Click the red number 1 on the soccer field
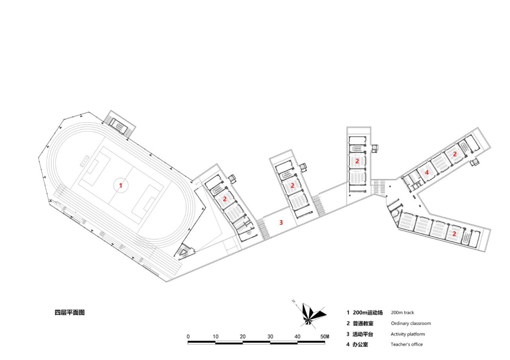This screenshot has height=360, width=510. pyautogui.click(x=121, y=185)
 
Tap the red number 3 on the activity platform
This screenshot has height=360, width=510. pyautogui.click(x=281, y=223)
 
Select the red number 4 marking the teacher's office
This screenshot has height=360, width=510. pyautogui.click(x=427, y=173)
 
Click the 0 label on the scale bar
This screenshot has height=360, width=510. pyautogui.click(x=188, y=337)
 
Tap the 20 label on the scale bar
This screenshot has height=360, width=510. pyautogui.click(x=243, y=337)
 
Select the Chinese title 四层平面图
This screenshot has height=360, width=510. pyautogui.click(x=70, y=313)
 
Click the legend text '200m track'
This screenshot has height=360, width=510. pyautogui.click(x=402, y=313)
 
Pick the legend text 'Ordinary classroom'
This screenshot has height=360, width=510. pyautogui.click(x=411, y=323)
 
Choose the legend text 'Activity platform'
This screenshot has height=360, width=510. pyautogui.click(x=408, y=334)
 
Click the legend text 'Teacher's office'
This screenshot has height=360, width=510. pyautogui.click(x=407, y=344)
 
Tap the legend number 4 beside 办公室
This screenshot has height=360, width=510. pyautogui.click(x=348, y=344)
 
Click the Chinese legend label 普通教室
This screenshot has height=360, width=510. pyautogui.click(x=363, y=323)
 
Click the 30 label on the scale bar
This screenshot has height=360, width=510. pyautogui.click(x=270, y=337)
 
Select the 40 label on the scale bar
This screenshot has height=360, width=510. pyautogui.click(x=297, y=337)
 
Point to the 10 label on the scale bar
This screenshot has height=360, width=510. pyautogui.click(x=216, y=337)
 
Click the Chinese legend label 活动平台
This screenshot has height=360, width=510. pyautogui.click(x=363, y=334)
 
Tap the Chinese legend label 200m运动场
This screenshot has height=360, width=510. pyautogui.click(x=367, y=313)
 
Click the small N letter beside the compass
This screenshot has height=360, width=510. pyautogui.click(x=293, y=301)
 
